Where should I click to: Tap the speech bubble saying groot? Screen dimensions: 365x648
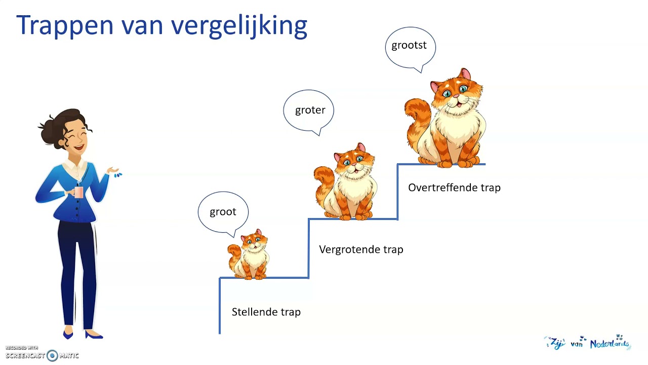pyautogui.click(x=223, y=212)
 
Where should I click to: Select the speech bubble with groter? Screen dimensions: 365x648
pyautogui.click(x=310, y=110)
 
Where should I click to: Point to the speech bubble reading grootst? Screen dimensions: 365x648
pyautogui.click(x=409, y=46)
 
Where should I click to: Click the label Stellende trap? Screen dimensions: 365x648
pyautogui.click(x=266, y=312)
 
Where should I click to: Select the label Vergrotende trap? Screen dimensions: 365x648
pyautogui.click(x=361, y=249)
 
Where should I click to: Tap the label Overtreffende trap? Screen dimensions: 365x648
pyautogui.click(x=454, y=188)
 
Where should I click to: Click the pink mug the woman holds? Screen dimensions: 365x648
pyautogui.click(x=78, y=192)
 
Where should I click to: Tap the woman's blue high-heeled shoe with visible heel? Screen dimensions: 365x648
pyautogui.click(x=94, y=335)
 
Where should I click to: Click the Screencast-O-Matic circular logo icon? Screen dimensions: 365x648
pyautogui.click(x=52, y=355)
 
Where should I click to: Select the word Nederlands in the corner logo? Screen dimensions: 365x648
pyautogui.click(x=609, y=344)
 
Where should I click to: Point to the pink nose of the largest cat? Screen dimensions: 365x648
pyautogui.click(x=456, y=95)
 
